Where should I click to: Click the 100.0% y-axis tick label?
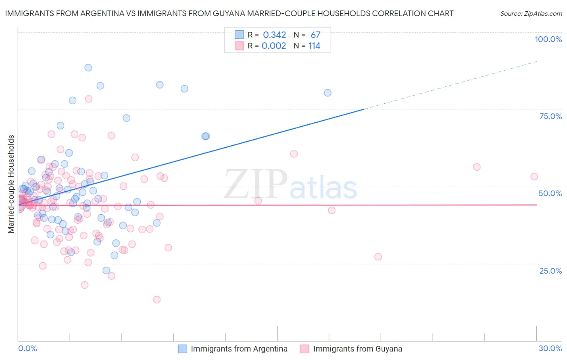coord(548,39)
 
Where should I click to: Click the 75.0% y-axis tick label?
coord(550,116)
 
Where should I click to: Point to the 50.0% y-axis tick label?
coord(550,193)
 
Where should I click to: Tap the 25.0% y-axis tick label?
coord(550,270)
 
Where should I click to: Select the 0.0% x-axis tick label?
coord(27,348)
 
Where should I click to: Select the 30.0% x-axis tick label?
coord(550,348)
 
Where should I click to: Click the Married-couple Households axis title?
coord(11,184)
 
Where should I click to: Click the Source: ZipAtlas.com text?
coord(531,14)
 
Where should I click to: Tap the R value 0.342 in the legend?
coord(274,35)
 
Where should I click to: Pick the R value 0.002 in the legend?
coord(274,46)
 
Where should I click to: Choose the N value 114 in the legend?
coord(314,46)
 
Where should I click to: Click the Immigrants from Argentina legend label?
coord(239,349)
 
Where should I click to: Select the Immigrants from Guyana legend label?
coord(358,349)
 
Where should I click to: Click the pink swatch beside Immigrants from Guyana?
coord(304,349)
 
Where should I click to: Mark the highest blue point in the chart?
coord(88,67)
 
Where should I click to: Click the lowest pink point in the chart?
coord(156,299)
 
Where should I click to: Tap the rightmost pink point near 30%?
coord(534,176)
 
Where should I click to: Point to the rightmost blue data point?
coord(327,93)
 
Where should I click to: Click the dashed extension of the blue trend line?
coord(452,85)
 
